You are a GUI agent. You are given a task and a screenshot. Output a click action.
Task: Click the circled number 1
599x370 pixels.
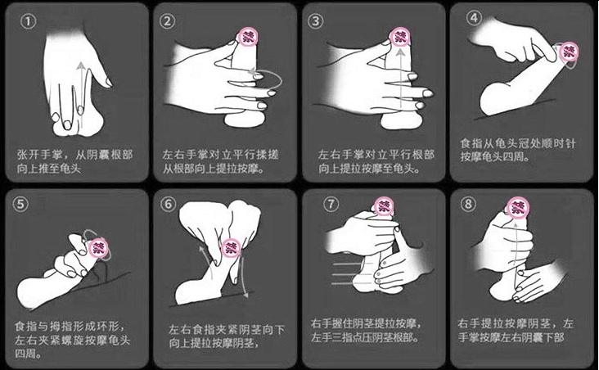point(28,21)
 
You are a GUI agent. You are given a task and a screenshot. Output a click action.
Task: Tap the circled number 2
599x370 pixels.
point(167,21)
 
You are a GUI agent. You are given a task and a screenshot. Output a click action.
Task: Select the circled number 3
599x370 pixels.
point(315,20)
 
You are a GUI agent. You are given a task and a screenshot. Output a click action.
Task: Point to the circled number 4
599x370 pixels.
point(474,17)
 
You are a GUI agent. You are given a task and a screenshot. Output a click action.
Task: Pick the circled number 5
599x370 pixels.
point(20,203)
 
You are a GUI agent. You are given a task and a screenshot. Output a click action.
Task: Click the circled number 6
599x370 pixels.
point(168,204)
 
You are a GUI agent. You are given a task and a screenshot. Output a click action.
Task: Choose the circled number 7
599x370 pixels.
point(331,203)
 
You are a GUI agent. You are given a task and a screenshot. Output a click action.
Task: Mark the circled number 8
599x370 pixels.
point(468,203)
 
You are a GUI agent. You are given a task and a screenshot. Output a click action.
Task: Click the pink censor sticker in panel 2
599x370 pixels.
point(248,37)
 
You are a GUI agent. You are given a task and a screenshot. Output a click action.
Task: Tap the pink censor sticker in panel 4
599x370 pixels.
point(569,52)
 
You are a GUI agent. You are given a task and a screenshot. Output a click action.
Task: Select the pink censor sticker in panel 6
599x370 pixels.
point(231,248)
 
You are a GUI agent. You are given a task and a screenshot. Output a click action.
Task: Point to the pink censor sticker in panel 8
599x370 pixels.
point(518,208)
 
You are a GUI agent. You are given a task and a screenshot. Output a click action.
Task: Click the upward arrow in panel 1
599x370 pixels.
point(81,96)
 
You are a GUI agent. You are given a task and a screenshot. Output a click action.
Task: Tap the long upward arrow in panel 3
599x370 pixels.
point(399,76)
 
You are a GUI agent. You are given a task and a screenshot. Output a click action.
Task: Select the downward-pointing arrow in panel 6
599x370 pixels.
point(244,275)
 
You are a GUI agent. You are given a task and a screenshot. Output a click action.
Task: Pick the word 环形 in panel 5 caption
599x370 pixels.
point(109,326)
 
